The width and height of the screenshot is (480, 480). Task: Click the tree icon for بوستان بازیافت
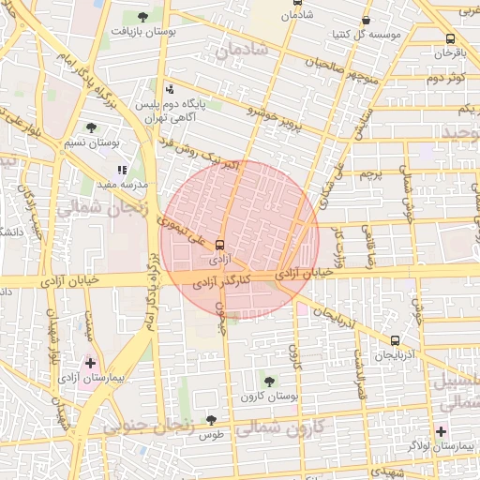142,17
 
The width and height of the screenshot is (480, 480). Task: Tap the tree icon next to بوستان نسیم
91,127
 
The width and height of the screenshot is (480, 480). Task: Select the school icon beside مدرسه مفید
122,171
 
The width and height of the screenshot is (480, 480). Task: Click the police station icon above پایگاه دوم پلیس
169,90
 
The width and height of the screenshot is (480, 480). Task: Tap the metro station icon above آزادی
220,243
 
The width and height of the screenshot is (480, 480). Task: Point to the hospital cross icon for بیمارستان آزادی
90,362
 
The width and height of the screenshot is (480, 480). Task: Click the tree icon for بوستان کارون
269,381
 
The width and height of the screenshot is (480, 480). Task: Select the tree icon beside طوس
211,420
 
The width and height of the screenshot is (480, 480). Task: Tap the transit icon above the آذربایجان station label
395,341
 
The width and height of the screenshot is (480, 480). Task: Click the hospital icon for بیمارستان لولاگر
442,431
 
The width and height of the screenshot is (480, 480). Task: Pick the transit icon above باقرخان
450,39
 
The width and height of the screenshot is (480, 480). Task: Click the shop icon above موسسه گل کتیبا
366,20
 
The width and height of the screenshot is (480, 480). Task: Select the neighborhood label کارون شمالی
281,431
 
